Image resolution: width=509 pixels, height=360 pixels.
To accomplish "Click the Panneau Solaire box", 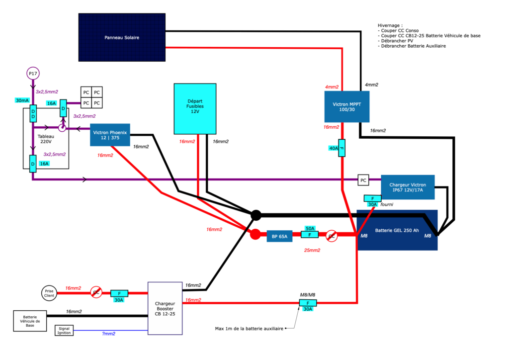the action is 122,37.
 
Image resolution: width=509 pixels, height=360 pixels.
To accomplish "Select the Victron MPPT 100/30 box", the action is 346,106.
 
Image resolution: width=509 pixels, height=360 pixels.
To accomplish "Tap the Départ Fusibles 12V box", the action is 195,109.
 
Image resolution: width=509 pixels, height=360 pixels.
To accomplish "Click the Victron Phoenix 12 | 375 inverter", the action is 110,135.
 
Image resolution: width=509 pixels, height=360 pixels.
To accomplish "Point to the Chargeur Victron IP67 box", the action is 408,187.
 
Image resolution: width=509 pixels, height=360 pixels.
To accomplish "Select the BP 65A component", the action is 279,236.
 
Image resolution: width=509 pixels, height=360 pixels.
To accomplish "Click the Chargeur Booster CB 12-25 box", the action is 165,308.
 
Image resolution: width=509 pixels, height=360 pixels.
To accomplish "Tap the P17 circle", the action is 33,74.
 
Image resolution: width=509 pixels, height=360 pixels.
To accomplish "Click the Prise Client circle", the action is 49,293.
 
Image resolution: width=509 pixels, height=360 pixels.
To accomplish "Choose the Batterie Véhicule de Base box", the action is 30,321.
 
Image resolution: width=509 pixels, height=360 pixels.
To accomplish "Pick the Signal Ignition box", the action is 64,331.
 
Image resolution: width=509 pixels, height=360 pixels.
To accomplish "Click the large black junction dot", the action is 256,215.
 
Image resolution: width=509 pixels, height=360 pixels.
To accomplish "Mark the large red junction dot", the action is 255,234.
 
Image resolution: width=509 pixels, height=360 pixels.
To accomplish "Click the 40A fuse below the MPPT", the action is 341,148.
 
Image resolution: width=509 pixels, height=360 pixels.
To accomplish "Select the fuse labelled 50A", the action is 309,234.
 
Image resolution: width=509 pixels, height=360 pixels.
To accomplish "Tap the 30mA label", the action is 22,100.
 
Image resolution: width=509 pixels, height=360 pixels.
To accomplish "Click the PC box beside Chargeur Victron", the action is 363,180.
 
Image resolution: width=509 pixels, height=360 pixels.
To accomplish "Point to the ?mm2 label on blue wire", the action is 109,334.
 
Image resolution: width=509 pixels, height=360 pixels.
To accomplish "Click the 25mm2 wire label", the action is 312,250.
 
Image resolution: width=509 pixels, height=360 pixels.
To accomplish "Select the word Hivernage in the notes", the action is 389,25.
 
